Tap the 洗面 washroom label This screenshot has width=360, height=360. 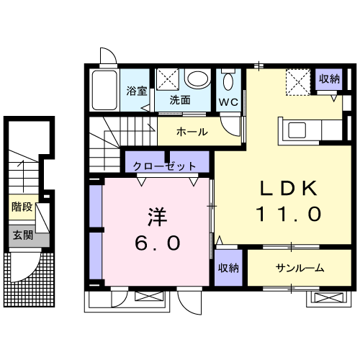[179, 100]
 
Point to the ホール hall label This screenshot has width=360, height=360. [192, 132]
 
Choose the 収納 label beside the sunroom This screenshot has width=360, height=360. [229, 268]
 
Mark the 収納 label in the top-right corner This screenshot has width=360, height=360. [330, 78]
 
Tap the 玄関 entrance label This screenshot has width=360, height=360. [22, 235]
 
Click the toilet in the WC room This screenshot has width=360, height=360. [229, 81]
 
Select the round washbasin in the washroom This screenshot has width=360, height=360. [196, 78]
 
